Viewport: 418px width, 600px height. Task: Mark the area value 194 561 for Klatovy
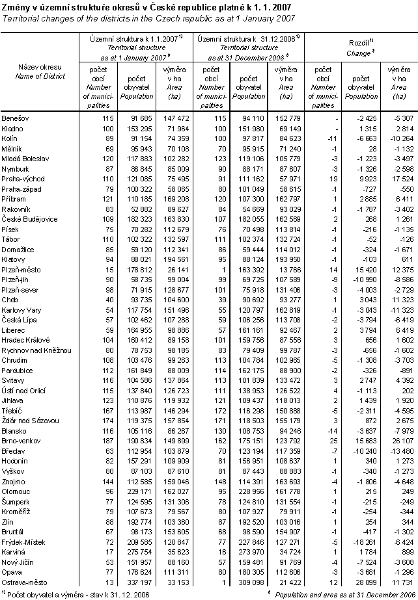[x=176, y=258]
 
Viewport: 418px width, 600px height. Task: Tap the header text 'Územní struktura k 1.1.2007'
[x=133, y=40]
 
